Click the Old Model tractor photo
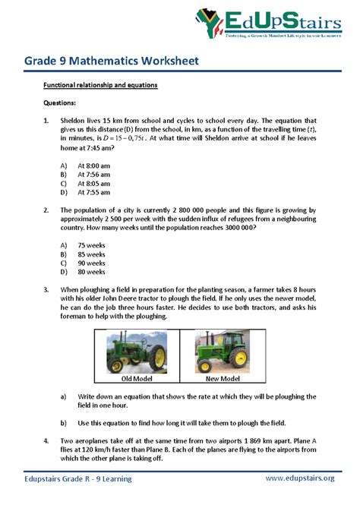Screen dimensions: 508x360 [x=137, y=350]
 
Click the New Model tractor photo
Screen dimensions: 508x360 [x=223, y=350]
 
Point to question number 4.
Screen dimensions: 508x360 [x=46, y=440]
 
